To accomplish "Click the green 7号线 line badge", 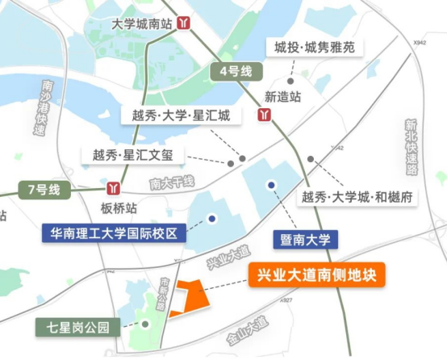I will (x=44, y=190).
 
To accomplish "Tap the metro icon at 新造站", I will (x=264, y=115).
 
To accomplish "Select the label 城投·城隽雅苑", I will (x=314, y=48).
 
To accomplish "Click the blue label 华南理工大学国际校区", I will (x=115, y=234).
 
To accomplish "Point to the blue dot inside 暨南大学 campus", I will (x=272, y=185).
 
